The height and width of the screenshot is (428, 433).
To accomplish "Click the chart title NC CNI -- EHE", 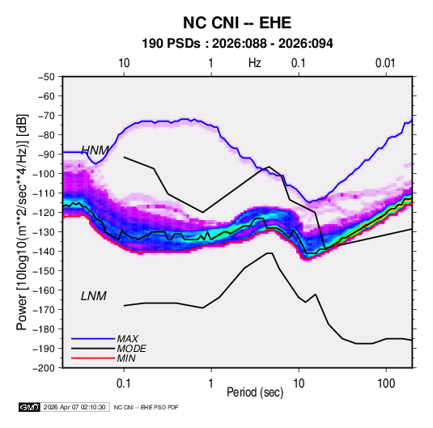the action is pos(237,23).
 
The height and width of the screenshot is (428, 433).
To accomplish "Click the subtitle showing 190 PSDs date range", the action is pos(237,44).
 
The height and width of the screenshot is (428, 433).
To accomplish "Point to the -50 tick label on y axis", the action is pos(47,77).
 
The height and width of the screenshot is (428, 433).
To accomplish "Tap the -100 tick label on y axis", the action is pos(45,174).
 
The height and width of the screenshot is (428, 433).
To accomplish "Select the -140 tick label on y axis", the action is pos(45,252).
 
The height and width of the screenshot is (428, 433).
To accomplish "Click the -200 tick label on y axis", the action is pos(45,368).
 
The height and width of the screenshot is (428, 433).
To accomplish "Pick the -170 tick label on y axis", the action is pos(45,310).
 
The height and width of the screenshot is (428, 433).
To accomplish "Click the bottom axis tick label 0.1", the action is pos(124,384).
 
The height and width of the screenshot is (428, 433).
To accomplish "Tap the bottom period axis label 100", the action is pos(386,384).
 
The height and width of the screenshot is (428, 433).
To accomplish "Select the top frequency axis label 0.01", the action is pos(385,63).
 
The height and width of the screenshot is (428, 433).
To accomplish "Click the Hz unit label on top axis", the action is pos(255,63).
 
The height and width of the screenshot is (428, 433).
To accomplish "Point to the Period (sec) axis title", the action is pos(255,392).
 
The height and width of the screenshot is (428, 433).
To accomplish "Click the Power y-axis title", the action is pos(23,222).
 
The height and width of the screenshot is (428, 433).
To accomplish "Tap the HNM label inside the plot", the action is pos(95,150).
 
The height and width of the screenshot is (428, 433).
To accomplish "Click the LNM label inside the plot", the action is pos(94,296).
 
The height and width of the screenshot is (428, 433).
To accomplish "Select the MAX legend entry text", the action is pos(127,339).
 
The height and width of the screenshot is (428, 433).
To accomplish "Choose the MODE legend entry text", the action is pos(131,349).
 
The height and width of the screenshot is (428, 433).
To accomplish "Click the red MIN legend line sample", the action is pos(93,358).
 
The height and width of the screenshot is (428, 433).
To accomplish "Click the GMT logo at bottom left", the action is pos(30,407).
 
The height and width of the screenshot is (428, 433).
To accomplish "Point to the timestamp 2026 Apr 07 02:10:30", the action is pos(74,407).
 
